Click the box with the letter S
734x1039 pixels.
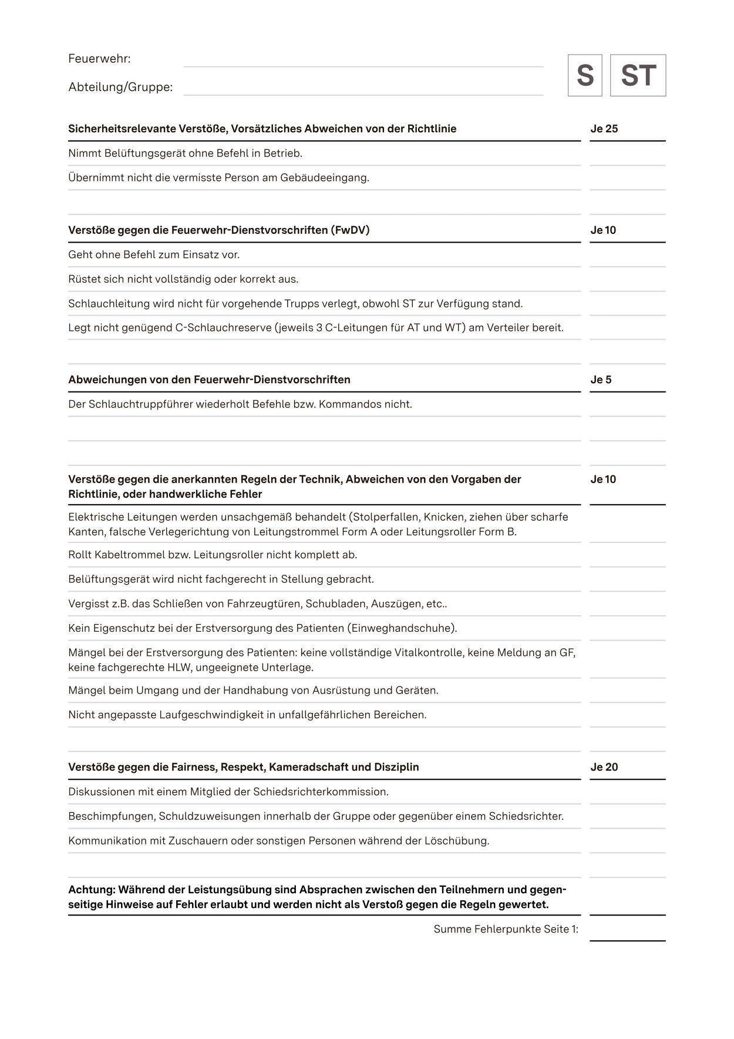[x=584, y=75]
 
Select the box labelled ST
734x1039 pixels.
[x=638, y=75]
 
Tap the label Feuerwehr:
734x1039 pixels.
[x=99, y=59]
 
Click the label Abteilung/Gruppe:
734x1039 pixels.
[x=120, y=87]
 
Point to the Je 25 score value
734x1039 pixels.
[x=604, y=129]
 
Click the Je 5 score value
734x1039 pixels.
[x=601, y=380]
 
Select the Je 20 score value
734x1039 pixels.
[x=604, y=767]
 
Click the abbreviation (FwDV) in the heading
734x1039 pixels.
[x=351, y=230]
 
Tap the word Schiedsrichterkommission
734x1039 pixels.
[x=321, y=792]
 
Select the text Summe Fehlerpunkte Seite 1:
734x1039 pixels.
[x=506, y=929]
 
